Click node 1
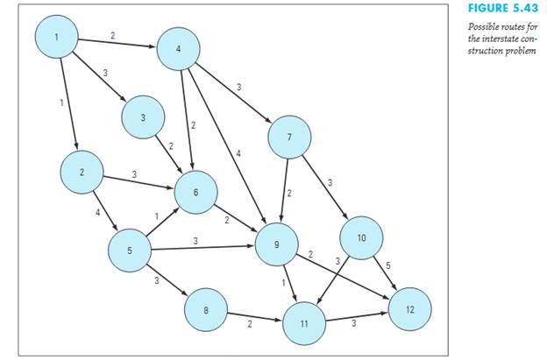[x=57, y=37]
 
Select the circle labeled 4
[x=179, y=50]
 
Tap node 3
[x=144, y=116]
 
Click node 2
[x=82, y=173]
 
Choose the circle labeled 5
[x=130, y=251]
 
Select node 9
[x=277, y=245]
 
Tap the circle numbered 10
[x=362, y=237]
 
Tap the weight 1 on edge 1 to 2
[x=61, y=103]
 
